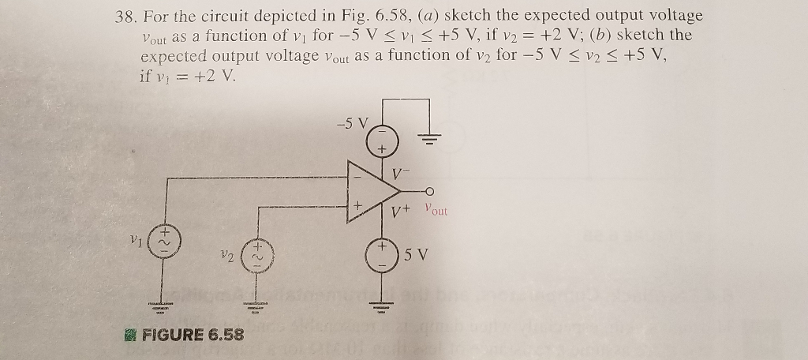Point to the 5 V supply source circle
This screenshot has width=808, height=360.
point(383,254)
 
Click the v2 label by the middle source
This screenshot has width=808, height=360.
point(226,257)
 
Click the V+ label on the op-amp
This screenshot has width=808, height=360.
point(402,212)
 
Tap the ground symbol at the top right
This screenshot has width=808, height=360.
point(429,141)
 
